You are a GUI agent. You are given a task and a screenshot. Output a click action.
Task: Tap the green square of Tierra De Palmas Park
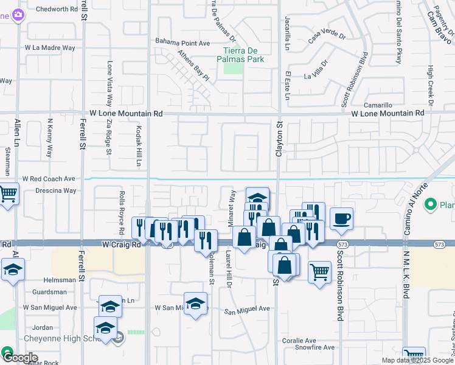(234, 67)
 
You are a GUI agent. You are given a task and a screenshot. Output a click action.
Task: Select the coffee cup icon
(341, 218)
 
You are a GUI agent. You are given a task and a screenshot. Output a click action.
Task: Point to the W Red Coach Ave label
(49, 179)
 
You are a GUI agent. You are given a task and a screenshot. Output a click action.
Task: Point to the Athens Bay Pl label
(193, 65)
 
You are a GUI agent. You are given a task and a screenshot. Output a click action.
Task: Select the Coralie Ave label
(299, 341)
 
